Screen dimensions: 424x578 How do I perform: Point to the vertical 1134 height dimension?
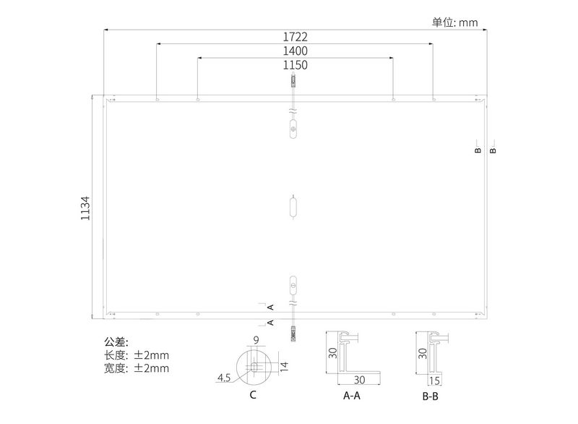(x=85, y=208)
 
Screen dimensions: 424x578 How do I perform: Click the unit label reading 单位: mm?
(x=455, y=22)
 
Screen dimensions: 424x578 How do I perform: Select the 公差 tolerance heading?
(x=116, y=342)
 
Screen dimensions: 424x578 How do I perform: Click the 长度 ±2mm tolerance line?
(x=137, y=355)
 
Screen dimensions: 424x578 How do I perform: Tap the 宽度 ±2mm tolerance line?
(x=137, y=369)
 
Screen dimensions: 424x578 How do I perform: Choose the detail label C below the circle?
(x=253, y=395)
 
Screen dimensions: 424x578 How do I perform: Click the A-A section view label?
(x=352, y=397)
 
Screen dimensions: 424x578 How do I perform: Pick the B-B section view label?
(x=431, y=397)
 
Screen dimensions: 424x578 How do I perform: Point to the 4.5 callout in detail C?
(x=224, y=378)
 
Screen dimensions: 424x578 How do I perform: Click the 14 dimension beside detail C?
(x=284, y=365)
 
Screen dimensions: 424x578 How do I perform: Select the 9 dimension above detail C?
(x=256, y=339)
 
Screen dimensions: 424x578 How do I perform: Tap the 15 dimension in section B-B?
(x=435, y=380)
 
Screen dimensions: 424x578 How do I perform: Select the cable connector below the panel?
(x=293, y=333)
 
